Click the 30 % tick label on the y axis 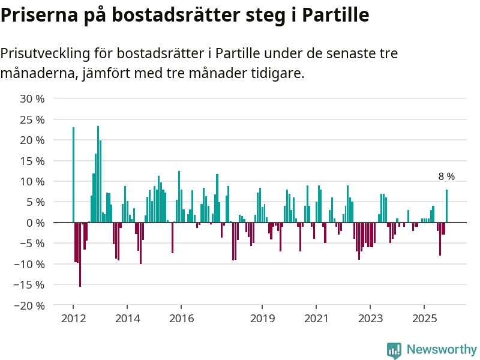(x=32, y=99)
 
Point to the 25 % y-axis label (x=32, y=119)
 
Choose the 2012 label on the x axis (x=73, y=318)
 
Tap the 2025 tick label (x=424, y=318)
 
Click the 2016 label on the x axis (x=181, y=318)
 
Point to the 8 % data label (x=446, y=176)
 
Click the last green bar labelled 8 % (x=446, y=206)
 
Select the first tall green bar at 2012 (x=73, y=174)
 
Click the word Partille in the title (x=335, y=14)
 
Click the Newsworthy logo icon (x=394, y=350)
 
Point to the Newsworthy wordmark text (x=442, y=350)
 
